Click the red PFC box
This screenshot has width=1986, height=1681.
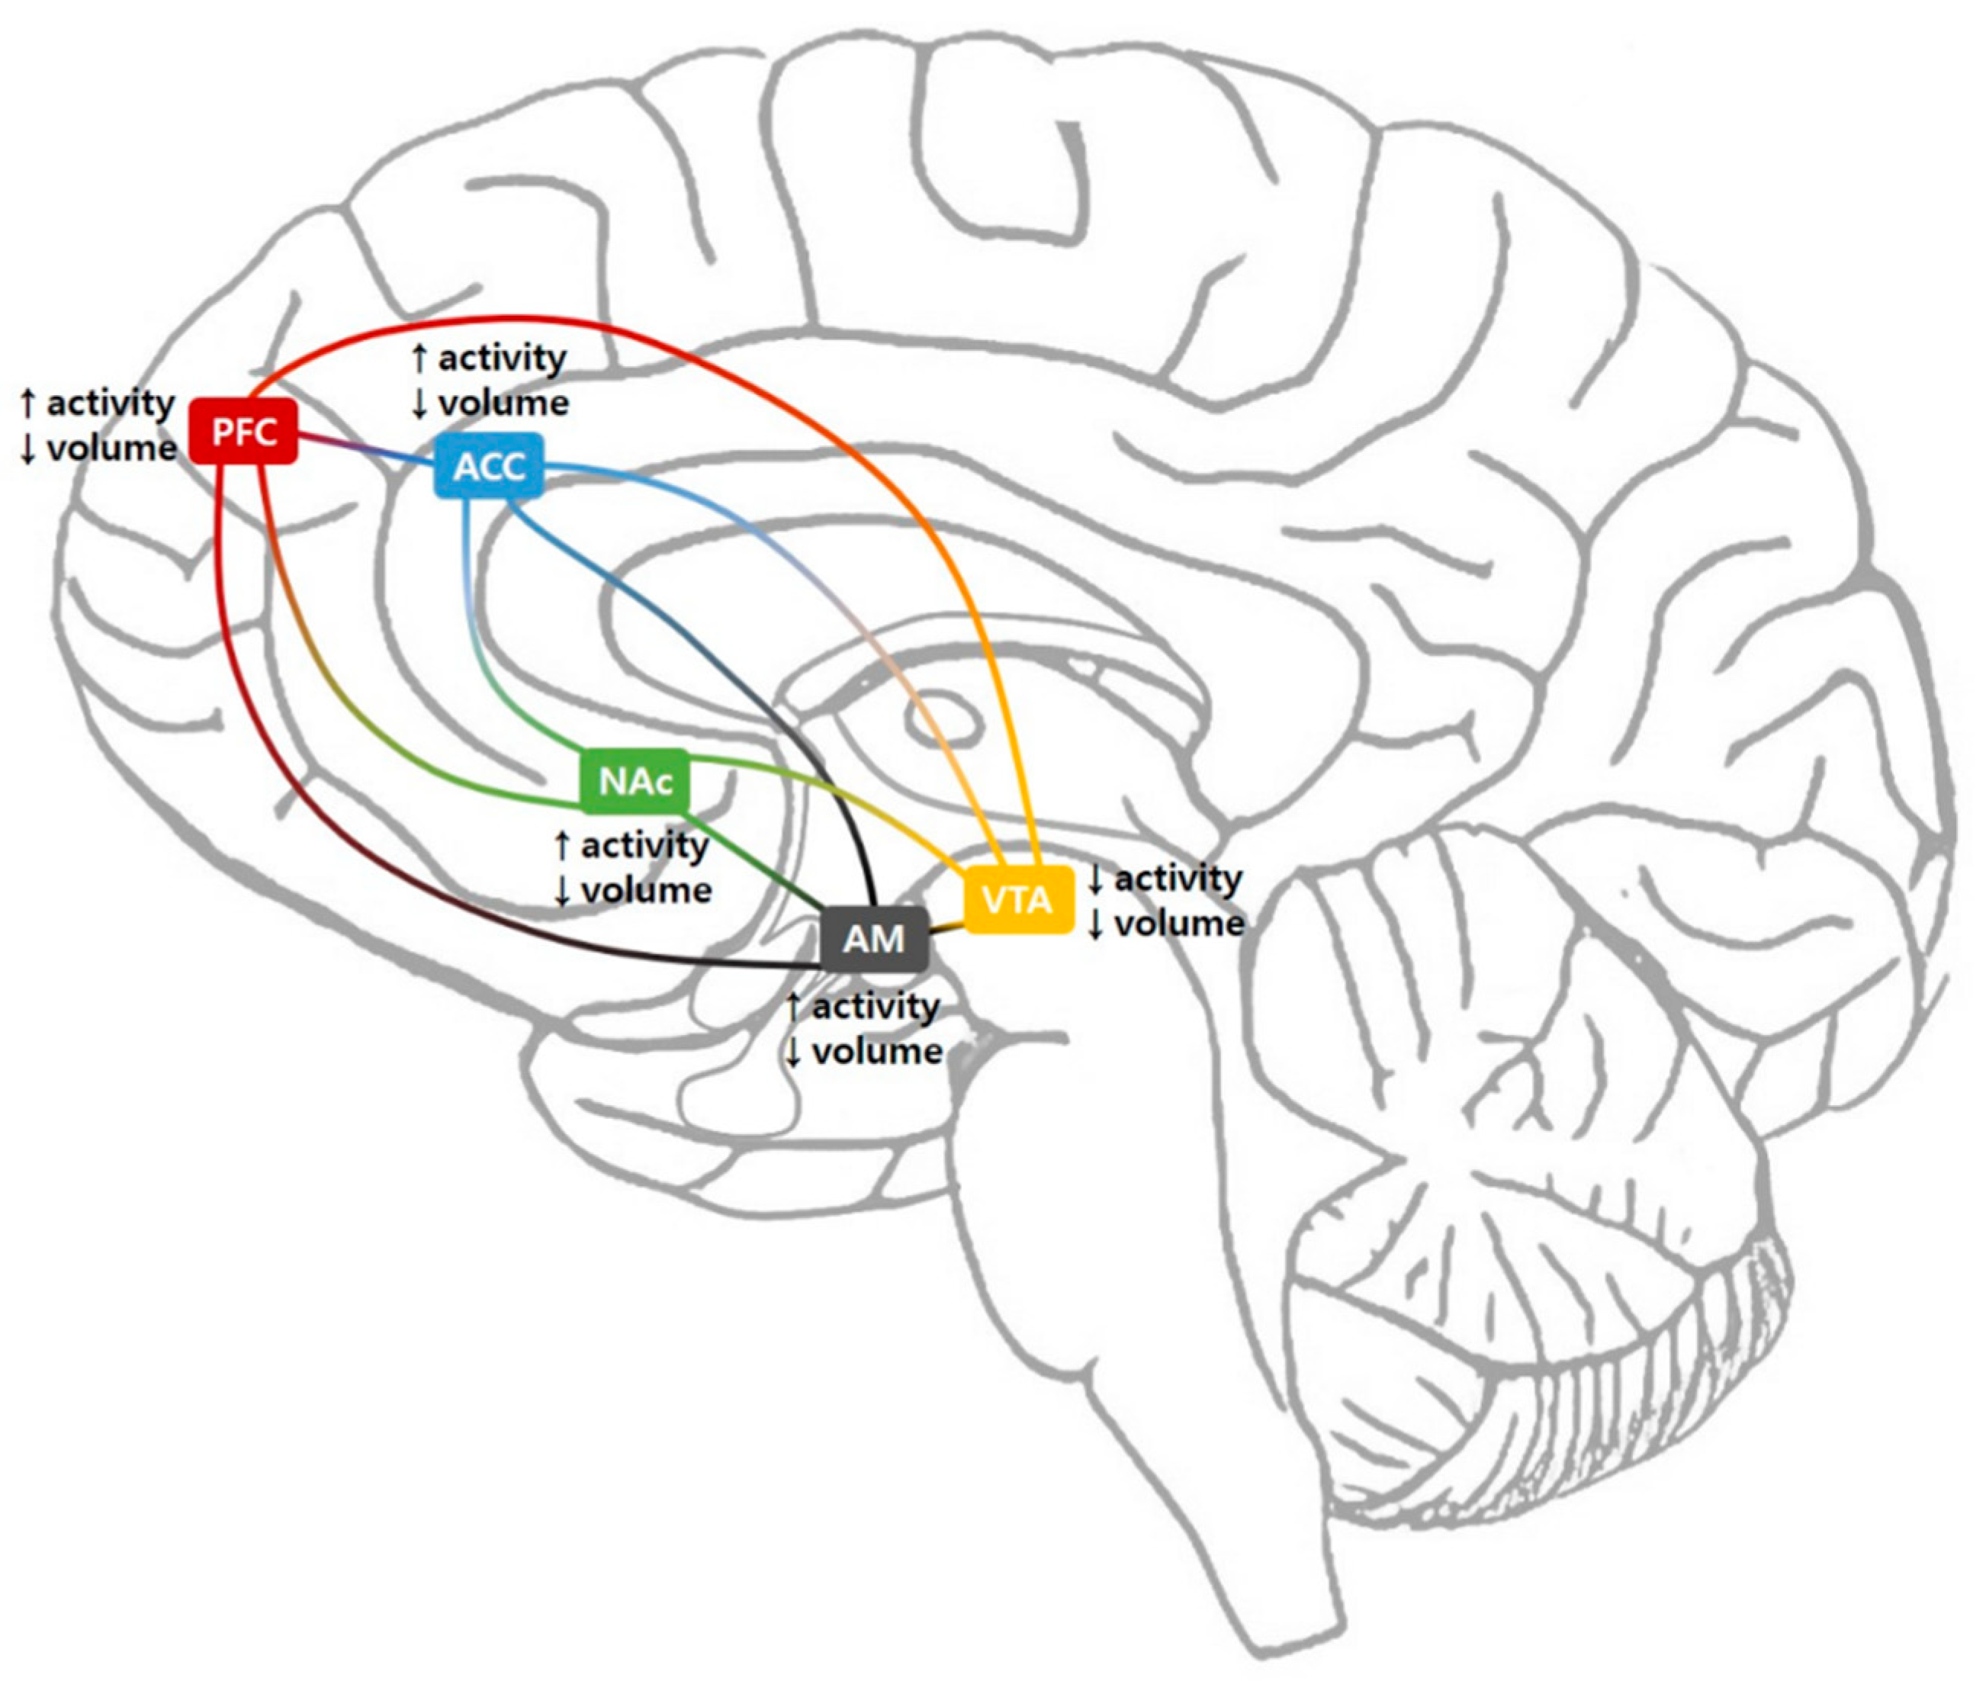tap(244, 432)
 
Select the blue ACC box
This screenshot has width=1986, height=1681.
tap(489, 465)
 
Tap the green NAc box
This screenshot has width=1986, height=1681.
tap(635, 782)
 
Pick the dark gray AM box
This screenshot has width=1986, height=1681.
tap(874, 939)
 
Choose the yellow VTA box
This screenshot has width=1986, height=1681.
tap(1017, 899)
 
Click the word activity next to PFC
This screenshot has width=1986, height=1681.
tap(111, 404)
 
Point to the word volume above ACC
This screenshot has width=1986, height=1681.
tap(503, 403)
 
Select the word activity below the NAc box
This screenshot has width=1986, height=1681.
tap(644, 846)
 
